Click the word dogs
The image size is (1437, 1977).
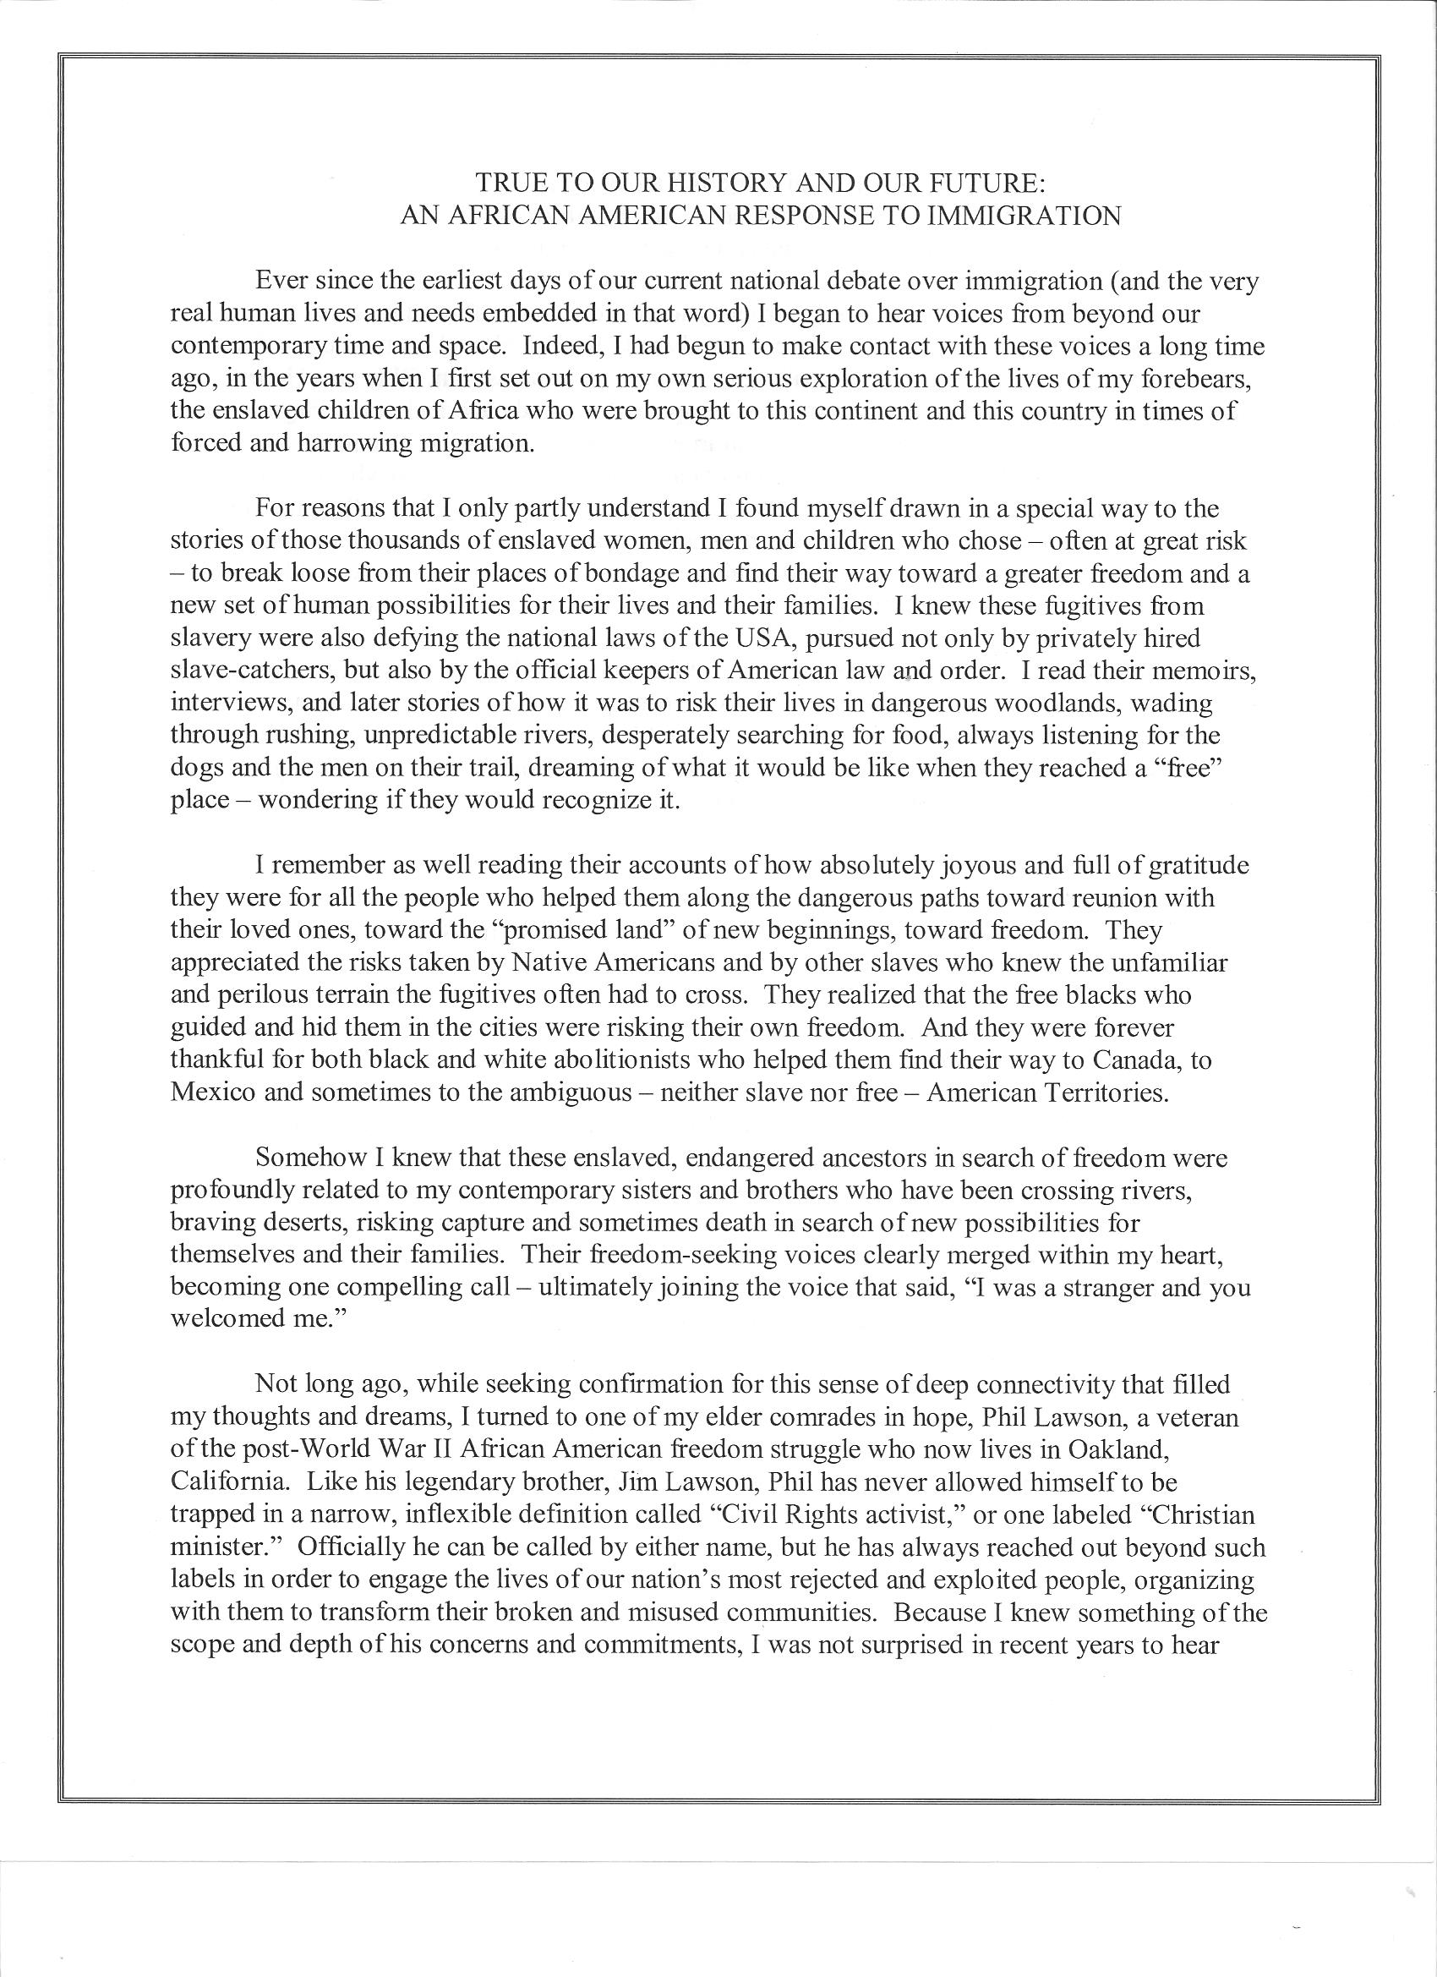pyautogui.click(x=199, y=768)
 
